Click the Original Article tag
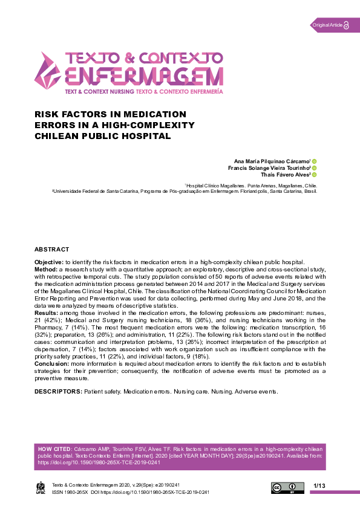tap(327, 25)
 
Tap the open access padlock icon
tap(347, 25)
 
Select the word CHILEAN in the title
tap(61, 136)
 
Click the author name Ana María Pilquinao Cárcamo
tap(269, 161)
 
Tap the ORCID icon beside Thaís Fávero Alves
tap(314, 175)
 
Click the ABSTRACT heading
tap(51, 249)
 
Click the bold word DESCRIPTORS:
tap(58, 392)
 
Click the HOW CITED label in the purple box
tap(53, 450)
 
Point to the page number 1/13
tap(319, 486)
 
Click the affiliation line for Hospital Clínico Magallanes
tap(250, 186)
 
